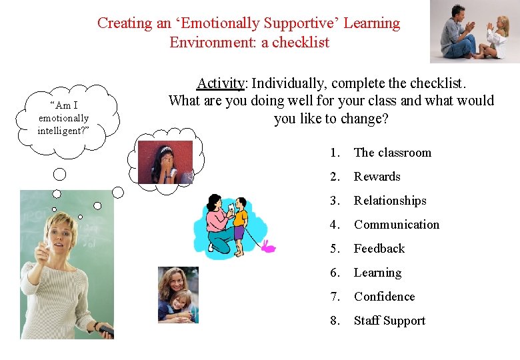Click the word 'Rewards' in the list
tap(377, 177)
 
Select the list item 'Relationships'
tap(390, 201)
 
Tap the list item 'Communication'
tap(397, 225)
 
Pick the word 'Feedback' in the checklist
tap(379, 249)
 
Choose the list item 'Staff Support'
tap(389, 321)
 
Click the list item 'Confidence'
tap(384, 297)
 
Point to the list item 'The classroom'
tap(392, 153)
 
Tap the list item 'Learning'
tap(377, 273)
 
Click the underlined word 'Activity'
tap(221, 83)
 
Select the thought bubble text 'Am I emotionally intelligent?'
tap(63, 118)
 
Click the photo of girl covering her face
tap(165, 162)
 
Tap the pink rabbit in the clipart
tap(267, 247)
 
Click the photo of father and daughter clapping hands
tap(475, 31)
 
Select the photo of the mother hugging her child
tap(177, 295)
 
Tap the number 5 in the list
tap(334, 249)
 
